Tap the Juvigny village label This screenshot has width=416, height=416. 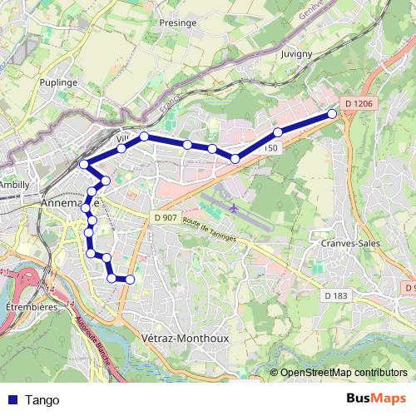[296, 54]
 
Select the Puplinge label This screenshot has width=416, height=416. [58, 82]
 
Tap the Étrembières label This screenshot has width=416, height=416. [30, 306]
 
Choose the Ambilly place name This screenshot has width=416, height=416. [14, 184]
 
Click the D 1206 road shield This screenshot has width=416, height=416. [358, 104]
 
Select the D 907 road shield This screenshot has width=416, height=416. [166, 217]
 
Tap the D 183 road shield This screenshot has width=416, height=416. [336, 295]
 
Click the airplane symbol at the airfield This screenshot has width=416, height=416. [234, 206]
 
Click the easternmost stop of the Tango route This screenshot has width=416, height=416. [333, 114]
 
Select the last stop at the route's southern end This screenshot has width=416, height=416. [130, 279]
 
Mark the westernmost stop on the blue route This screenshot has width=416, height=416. [83, 165]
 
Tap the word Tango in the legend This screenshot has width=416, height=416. [42, 399]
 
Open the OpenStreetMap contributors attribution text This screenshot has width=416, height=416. [344, 373]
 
